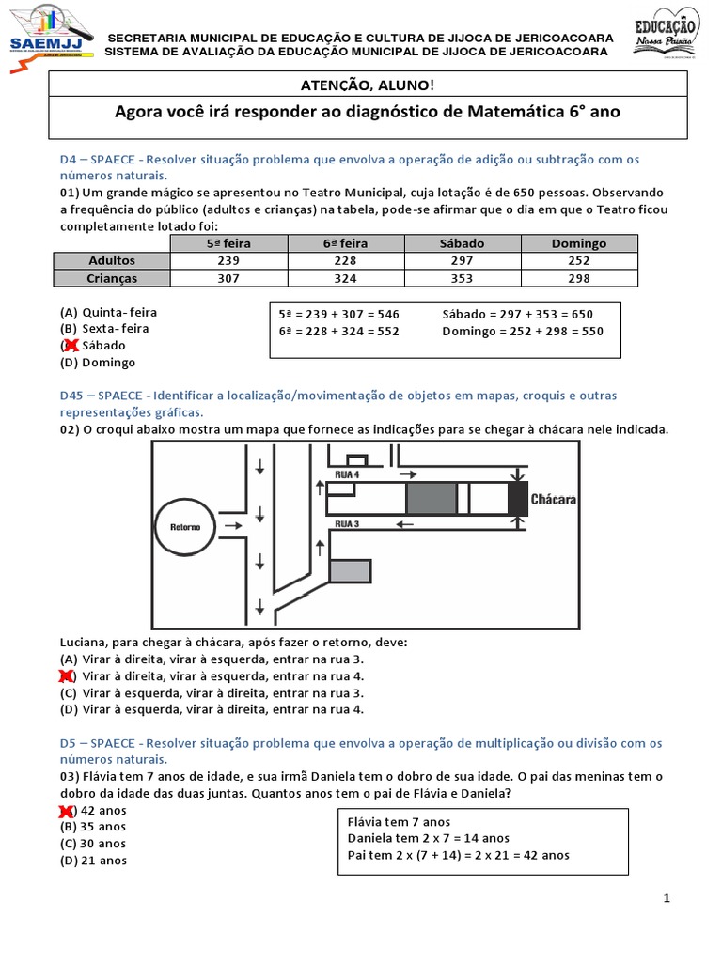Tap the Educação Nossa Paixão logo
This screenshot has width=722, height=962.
[667, 34]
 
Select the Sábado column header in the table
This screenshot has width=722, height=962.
[462, 243]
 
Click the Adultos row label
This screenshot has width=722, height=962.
[112, 260]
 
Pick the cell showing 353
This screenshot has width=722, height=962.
[462, 278]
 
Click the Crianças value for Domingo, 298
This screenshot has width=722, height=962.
[579, 278]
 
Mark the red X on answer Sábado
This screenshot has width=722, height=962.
[69, 346]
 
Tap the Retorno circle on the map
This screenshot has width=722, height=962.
[185, 526]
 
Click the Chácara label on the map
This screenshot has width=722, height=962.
[553, 499]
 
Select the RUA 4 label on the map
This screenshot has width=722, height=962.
[347, 475]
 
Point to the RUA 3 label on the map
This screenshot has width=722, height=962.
[347, 522]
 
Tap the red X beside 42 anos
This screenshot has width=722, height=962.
[68, 810]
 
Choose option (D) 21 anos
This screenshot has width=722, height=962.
[93, 861]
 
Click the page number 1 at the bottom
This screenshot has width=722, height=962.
[667, 898]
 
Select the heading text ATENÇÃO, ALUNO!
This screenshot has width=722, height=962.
[367, 85]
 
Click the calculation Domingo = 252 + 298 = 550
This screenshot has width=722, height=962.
[522, 331]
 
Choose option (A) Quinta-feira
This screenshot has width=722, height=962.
[109, 312]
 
